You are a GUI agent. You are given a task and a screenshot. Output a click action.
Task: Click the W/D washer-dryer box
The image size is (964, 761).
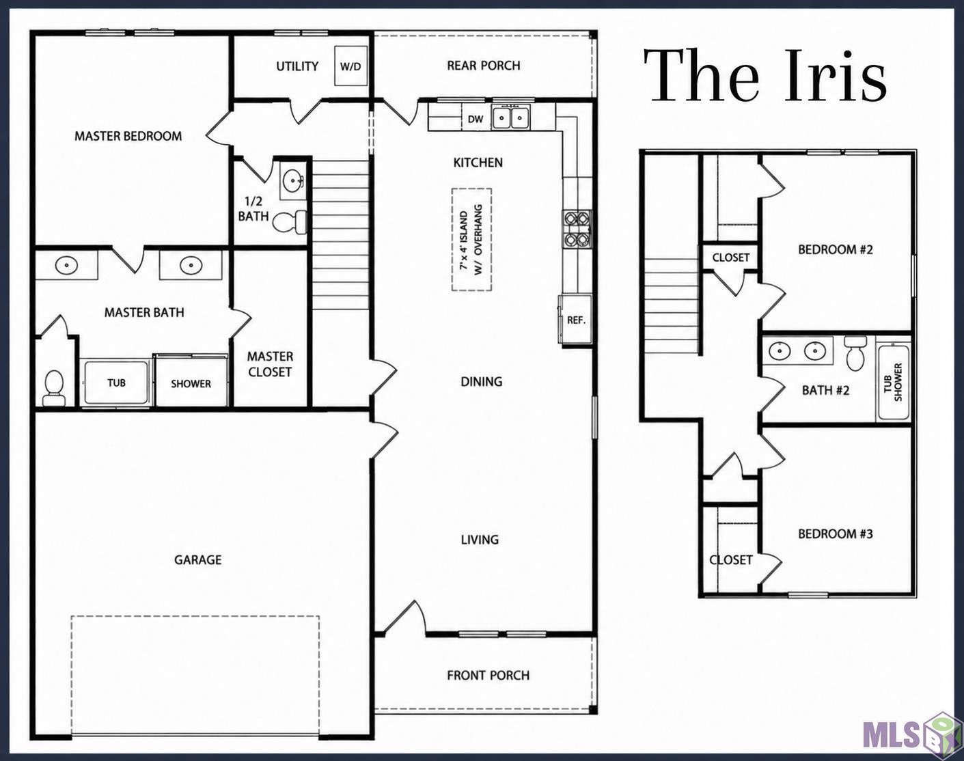(x=351, y=66)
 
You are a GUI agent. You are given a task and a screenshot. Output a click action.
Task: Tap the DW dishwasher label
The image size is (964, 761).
(x=476, y=119)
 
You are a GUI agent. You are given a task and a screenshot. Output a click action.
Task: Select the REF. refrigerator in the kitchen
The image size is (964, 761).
(x=575, y=319)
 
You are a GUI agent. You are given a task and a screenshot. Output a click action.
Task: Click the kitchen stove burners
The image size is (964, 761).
(x=577, y=230)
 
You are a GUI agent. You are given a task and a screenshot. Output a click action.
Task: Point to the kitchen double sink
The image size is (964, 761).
(x=510, y=117)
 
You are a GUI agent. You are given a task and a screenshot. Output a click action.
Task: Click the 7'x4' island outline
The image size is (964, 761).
(x=471, y=240)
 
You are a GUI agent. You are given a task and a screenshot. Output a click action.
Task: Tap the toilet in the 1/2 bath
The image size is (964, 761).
(x=290, y=222)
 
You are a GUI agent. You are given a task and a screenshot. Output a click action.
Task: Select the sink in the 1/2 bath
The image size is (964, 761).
(x=293, y=181)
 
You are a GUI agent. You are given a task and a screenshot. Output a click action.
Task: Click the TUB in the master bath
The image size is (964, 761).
(x=116, y=383)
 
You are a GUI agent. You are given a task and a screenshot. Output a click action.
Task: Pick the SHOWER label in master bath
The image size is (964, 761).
(x=191, y=384)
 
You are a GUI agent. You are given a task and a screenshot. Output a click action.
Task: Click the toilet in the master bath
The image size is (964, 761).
(x=54, y=388)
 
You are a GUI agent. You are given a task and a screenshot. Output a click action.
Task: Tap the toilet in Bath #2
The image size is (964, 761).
(x=855, y=353)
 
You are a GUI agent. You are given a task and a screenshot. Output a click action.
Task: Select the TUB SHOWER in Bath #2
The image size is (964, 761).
(x=894, y=382)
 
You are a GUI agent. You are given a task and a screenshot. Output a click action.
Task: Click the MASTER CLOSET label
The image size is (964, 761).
(x=270, y=364)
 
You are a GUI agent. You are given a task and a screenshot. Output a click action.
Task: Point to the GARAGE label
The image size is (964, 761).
(x=198, y=560)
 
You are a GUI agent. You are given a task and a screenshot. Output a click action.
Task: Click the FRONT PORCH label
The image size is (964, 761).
(x=488, y=676)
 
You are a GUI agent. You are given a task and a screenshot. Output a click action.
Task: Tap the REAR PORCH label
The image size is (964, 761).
(x=484, y=66)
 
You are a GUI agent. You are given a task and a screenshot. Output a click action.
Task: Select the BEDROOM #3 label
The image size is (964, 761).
(x=836, y=534)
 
